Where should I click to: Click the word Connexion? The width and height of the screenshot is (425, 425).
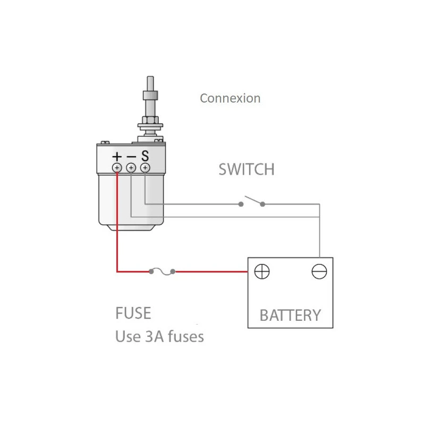pyautogui.click(x=230, y=98)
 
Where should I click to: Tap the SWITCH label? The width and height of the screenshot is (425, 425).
pyautogui.click(x=246, y=170)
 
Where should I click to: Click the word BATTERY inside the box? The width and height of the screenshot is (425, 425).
pyautogui.click(x=290, y=315)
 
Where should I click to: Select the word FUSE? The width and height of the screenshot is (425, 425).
pyautogui.click(x=133, y=313)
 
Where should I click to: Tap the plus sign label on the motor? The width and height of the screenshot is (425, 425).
pyautogui.click(x=117, y=157)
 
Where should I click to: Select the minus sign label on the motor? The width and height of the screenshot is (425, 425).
pyautogui.click(x=131, y=157)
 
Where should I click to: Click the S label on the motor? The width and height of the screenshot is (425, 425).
pyautogui.click(x=144, y=157)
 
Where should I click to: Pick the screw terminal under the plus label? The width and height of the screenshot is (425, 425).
pyautogui.click(x=117, y=168)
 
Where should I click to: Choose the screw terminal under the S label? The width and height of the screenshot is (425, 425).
pyautogui.click(x=144, y=168)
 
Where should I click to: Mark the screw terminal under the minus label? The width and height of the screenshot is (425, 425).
pyautogui.click(x=131, y=168)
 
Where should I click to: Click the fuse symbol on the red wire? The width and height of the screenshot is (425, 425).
pyautogui.click(x=163, y=272)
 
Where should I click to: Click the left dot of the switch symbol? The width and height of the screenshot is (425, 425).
pyautogui.click(x=241, y=204)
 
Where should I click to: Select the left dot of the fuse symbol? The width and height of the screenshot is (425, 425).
pyautogui.click(x=151, y=272)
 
